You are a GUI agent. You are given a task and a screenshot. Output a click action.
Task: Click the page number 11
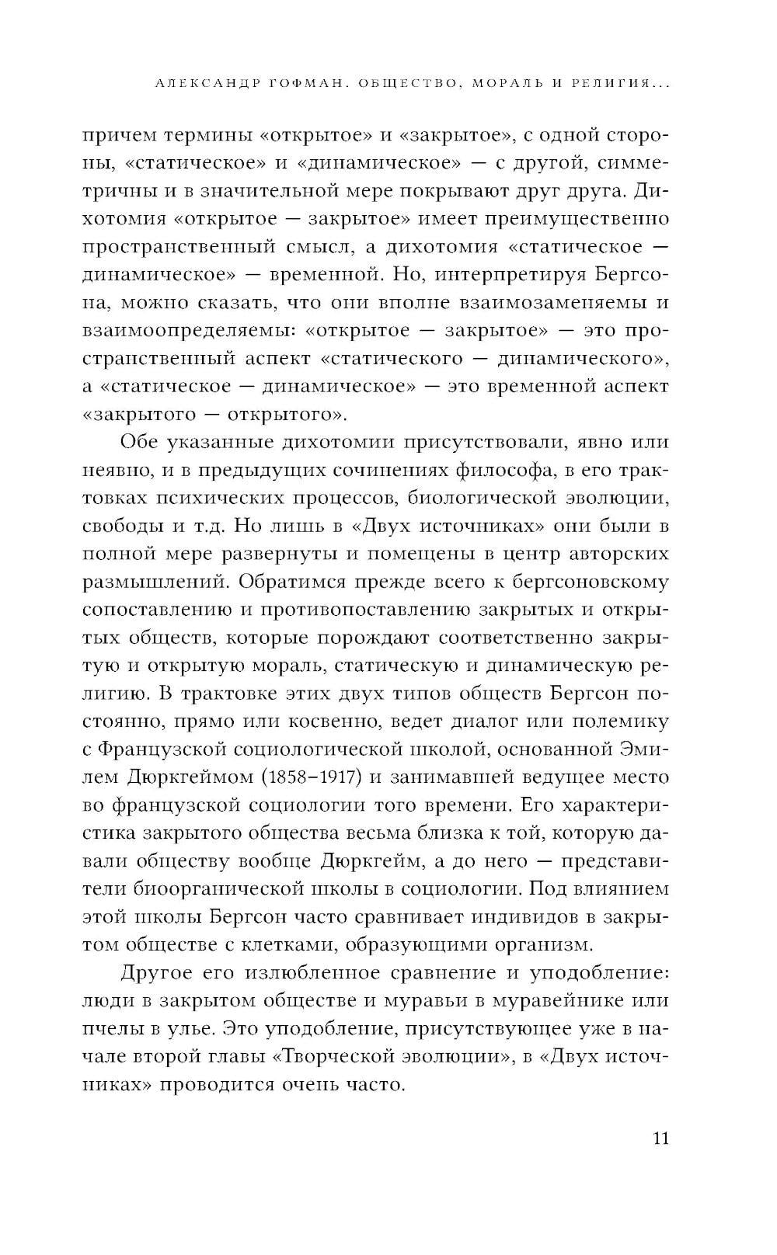[x=658, y=1139]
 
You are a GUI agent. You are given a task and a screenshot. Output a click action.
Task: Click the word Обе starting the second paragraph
[x=140, y=442]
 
